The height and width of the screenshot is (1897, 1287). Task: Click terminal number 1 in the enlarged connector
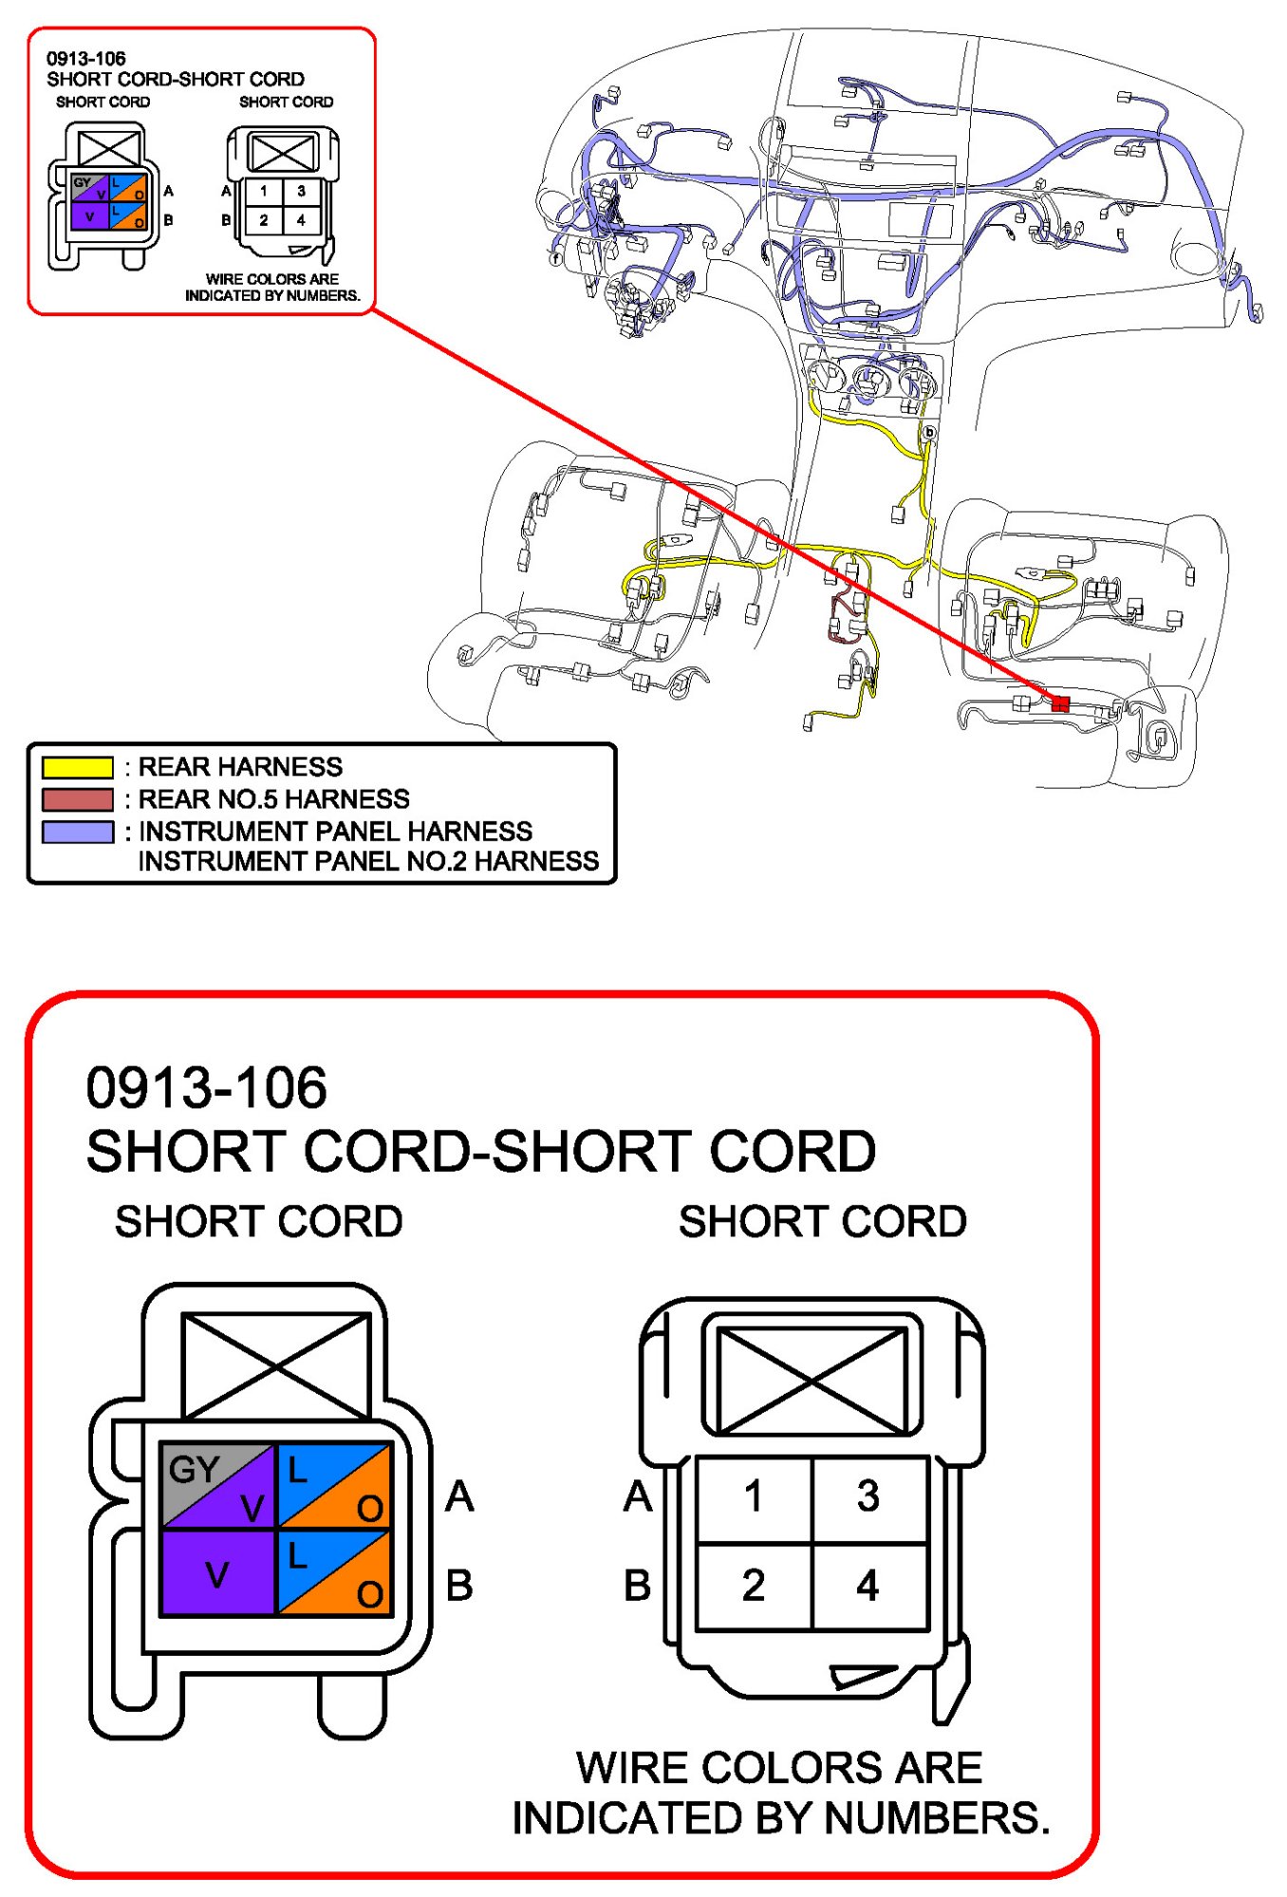754,1497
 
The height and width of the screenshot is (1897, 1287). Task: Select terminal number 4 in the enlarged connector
867,1586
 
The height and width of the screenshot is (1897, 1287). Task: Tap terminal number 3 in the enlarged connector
867,1497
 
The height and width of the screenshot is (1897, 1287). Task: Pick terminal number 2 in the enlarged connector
754,1586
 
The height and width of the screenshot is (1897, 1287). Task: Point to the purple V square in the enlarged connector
218,1576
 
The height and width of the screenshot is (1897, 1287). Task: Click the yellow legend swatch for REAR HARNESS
77,767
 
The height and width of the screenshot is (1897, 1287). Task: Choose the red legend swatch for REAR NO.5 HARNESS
77,799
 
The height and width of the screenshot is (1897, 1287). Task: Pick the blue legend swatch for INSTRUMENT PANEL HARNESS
77,832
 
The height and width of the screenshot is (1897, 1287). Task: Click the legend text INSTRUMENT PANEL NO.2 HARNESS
368,861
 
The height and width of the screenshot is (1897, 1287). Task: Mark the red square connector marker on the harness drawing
1060,704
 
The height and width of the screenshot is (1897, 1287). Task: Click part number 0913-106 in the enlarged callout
206,1088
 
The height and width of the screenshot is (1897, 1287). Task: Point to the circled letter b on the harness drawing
929,433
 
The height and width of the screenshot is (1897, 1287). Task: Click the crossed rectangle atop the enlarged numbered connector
812,1380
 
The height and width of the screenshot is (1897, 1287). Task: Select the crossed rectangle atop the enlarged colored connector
275,1365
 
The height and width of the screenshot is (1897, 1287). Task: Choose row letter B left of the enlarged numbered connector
638,1586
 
